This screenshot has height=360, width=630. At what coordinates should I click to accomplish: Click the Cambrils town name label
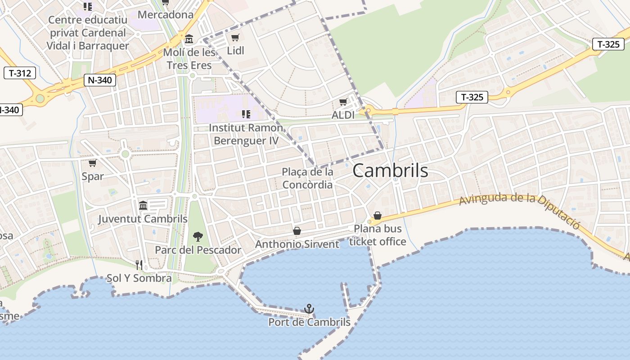pos(390,171)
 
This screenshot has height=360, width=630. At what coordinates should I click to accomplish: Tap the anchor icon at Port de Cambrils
pos(309,309)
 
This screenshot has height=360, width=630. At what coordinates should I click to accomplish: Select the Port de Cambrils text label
pos(309,322)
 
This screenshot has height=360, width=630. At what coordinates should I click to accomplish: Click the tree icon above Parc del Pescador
pos(198,237)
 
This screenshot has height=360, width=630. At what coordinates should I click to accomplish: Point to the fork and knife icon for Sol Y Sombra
pos(139,265)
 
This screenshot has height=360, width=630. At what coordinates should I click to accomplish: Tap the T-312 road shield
pos(20,73)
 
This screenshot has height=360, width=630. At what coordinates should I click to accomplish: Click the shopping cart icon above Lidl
pos(235,37)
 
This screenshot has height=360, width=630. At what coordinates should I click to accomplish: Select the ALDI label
pos(343,115)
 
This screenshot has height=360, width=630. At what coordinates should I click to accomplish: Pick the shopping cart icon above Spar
pos(92,163)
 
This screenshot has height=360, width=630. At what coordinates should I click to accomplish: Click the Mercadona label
pos(165,14)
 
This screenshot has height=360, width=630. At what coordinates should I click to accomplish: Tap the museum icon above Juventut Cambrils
pos(143,205)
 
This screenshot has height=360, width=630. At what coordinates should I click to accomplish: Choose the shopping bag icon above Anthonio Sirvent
pos(297,231)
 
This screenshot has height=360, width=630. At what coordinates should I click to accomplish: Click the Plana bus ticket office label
pos(378,235)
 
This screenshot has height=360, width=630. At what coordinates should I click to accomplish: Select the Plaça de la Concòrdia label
pos(308,178)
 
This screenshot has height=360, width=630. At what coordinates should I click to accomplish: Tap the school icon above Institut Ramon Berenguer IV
pos(246,114)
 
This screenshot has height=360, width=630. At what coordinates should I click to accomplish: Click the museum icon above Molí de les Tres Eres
pos(189,39)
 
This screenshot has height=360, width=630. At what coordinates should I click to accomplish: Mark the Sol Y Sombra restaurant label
pos(139,278)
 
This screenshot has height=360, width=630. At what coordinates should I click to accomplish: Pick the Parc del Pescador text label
pos(198,250)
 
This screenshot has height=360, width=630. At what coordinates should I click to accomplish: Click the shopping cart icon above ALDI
pos(343,102)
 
